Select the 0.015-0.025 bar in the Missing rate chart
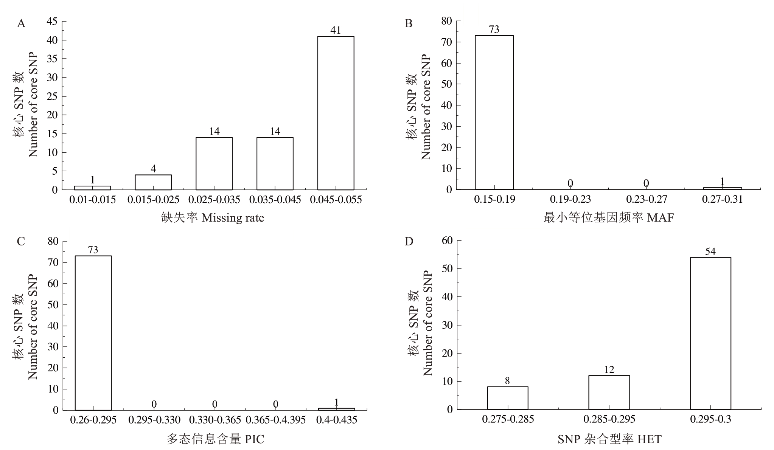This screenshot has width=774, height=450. [153, 182]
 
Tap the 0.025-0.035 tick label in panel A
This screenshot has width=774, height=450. [214, 200]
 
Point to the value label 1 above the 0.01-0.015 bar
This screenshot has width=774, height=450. [92, 180]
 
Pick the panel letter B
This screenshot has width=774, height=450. [409, 23]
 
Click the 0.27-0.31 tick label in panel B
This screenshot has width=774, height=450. [722, 199]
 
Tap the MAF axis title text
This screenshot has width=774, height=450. [609, 218]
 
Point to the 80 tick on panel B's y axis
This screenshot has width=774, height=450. [446, 21]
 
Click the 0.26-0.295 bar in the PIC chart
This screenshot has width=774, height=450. [93, 333]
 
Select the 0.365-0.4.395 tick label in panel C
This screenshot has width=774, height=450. [275, 420]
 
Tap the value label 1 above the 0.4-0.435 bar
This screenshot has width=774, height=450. [336, 402]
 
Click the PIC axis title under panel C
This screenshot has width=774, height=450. [215, 439]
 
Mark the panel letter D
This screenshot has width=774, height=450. [409, 241]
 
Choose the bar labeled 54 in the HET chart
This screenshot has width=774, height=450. [710, 333]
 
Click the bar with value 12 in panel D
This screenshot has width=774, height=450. [609, 392]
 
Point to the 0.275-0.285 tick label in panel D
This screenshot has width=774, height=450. [508, 419]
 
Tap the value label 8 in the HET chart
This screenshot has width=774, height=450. [507, 381]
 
